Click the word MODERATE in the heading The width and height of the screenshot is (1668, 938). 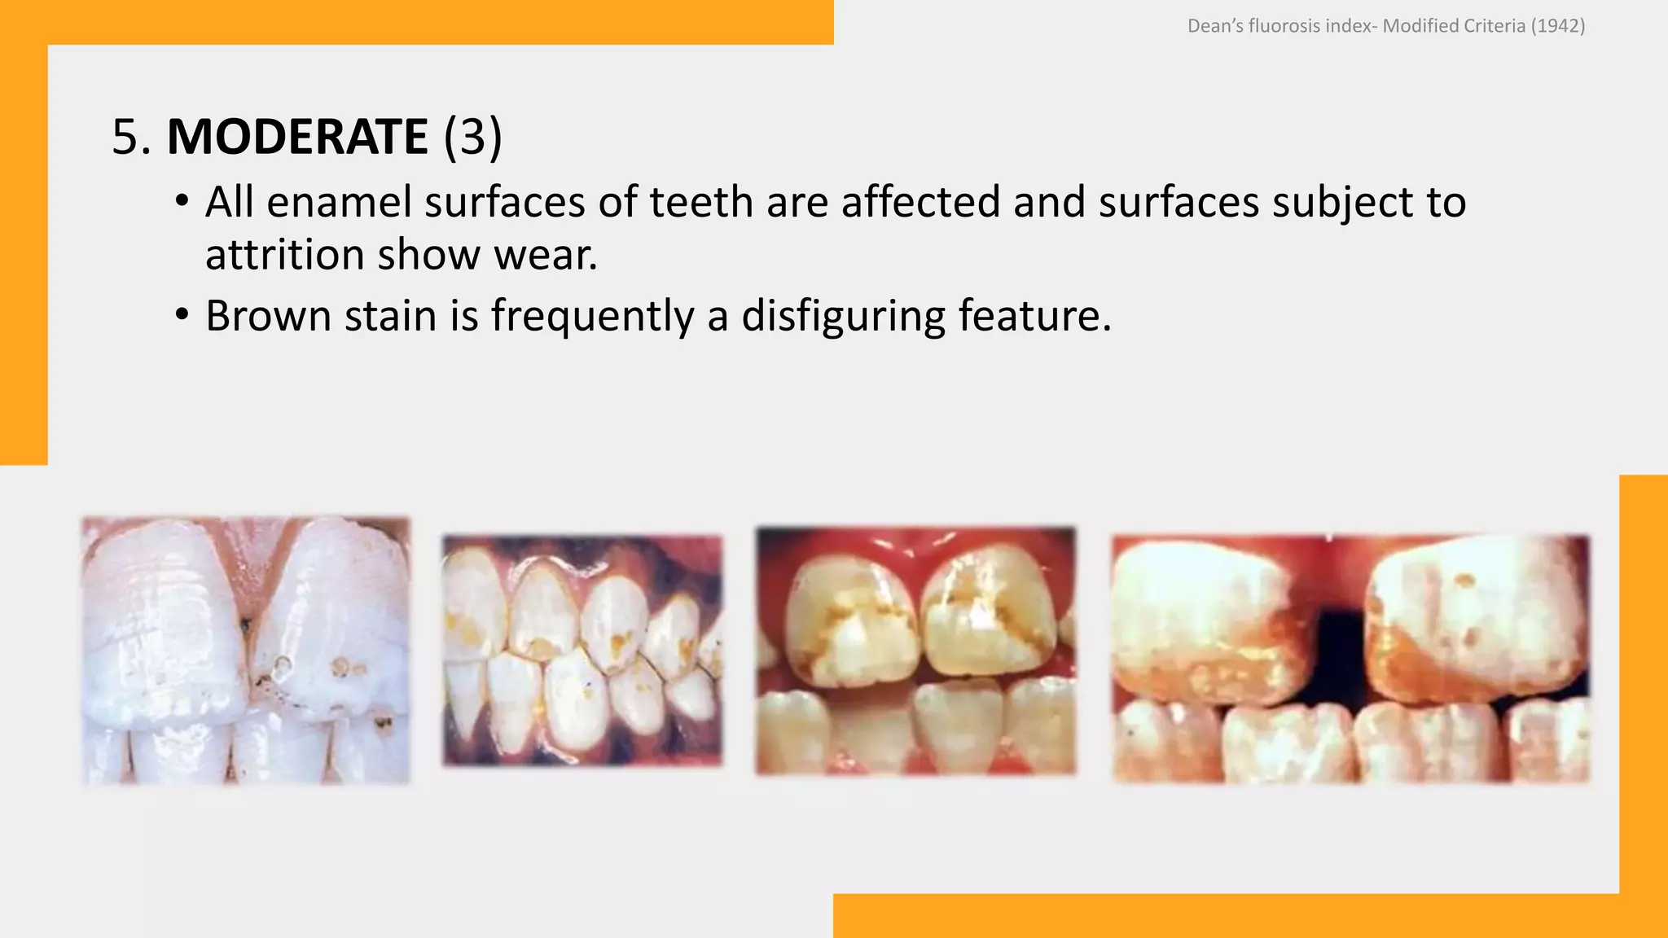[x=296, y=136]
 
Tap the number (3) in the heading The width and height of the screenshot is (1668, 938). [x=472, y=136]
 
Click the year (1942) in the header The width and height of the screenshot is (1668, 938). [x=1557, y=26]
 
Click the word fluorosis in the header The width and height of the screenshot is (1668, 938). [x=1284, y=26]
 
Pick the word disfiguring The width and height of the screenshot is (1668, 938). [x=843, y=316]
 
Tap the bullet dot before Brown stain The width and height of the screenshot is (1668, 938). [x=182, y=314]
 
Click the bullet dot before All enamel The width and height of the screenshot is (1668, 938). [x=182, y=200]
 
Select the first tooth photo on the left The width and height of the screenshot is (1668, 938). [x=245, y=650]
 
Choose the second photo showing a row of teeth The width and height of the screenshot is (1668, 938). [x=582, y=650]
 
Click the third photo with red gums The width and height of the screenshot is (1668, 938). [x=915, y=650]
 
